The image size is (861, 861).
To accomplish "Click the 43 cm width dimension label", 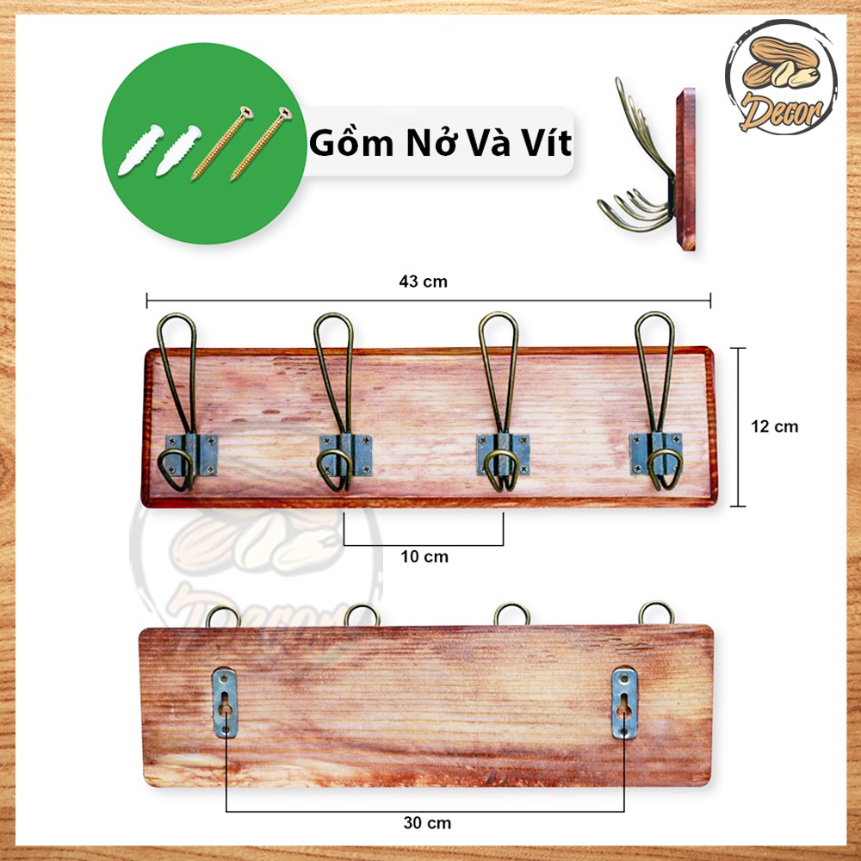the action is click(423, 282).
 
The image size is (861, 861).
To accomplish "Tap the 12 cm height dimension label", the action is click(774, 427).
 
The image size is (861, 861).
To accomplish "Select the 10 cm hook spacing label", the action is click(424, 557).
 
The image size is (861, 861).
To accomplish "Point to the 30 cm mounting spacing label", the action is click(427, 823).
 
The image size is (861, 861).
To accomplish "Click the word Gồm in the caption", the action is click(351, 142).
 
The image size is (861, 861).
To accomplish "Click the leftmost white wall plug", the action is click(140, 149).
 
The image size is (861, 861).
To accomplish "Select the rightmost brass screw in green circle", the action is click(261, 144).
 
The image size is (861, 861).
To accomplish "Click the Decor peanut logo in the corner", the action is click(781, 77).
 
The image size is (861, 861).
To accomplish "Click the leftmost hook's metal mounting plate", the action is click(192, 455).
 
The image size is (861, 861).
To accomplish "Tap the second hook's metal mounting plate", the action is click(346, 455).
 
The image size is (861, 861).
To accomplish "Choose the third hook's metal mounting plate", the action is click(503, 455).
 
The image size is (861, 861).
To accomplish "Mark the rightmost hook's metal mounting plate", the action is click(656, 454).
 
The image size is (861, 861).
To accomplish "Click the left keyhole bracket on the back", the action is click(225, 703).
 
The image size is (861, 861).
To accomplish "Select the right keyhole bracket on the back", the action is click(624, 703).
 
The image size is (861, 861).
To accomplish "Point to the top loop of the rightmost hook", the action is click(654, 314).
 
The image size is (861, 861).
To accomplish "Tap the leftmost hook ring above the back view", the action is click(223, 608).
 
